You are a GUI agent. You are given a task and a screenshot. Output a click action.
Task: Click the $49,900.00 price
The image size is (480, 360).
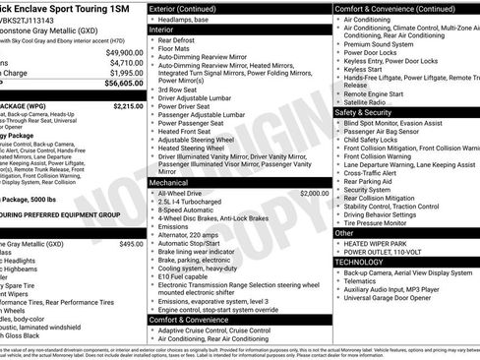pos(123,52)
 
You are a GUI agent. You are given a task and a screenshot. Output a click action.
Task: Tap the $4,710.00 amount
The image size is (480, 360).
pos(125,63)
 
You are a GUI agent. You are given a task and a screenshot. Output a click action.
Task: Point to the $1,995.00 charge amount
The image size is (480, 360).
pos(125,74)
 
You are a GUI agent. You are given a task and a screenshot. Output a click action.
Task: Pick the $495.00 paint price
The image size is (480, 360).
pos(131,243)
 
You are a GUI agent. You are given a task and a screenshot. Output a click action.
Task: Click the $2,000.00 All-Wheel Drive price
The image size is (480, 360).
pos(315,166)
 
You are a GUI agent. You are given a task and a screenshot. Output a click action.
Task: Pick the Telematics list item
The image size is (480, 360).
pos(367,281)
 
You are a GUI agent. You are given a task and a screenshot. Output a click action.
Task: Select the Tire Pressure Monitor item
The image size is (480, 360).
pos(390,222)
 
